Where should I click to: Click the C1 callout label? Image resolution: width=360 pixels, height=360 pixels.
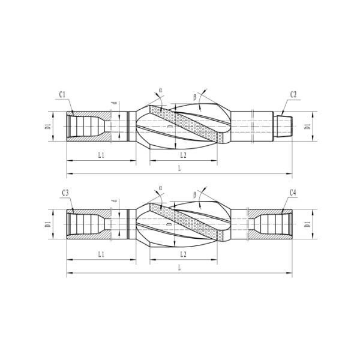(x=63, y=95)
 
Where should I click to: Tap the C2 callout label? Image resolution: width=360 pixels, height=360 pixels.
(x=293, y=95)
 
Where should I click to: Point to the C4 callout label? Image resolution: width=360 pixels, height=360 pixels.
(x=293, y=193)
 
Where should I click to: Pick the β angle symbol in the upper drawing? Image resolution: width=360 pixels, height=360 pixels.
(x=195, y=97)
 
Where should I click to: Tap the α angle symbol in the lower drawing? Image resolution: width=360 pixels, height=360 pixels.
(x=160, y=188)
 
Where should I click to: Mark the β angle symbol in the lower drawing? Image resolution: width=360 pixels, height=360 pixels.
(x=195, y=194)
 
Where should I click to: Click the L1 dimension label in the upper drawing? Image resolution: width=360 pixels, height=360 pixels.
(x=101, y=155)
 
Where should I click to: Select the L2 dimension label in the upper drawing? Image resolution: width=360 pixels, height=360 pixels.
(x=184, y=155)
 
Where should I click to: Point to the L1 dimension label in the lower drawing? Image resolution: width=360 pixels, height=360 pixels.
(x=101, y=254)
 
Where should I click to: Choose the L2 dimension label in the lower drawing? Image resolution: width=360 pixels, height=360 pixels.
(x=184, y=254)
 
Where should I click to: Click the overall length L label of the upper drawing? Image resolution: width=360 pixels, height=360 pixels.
(x=179, y=169)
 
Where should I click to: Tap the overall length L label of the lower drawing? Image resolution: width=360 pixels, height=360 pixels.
(x=179, y=268)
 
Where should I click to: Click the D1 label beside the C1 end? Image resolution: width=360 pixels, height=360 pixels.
(x=47, y=127)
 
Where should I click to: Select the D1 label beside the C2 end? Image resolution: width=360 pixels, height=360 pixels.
(x=307, y=127)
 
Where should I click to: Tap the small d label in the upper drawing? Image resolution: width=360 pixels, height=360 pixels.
(x=114, y=103)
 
